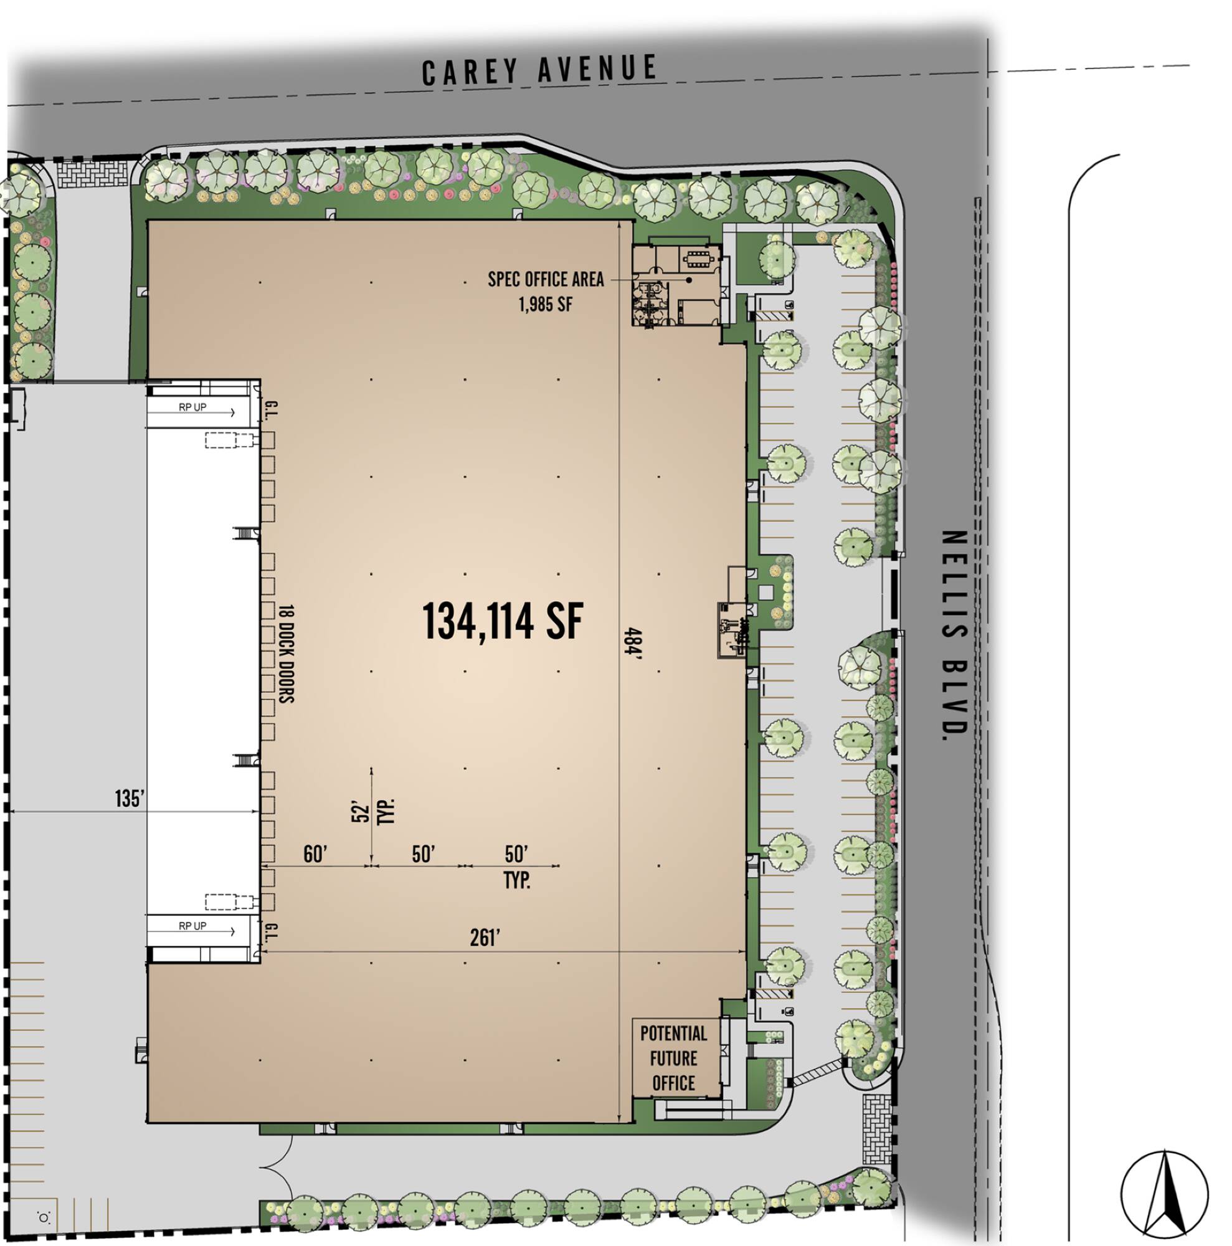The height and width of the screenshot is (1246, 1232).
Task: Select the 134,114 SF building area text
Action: [x=502, y=621]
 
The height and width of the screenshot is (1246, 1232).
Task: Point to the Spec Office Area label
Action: [x=546, y=279]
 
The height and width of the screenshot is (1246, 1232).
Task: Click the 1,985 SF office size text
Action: [x=546, y=304]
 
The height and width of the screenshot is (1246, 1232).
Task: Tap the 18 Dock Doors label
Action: [x=287, y=653]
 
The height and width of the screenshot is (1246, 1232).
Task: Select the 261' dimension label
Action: [x=485, y=938]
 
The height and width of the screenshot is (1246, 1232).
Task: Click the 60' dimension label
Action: [x=315, y=855]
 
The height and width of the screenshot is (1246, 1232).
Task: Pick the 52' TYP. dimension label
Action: [x=372, y=811]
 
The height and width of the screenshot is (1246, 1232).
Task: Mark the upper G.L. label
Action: [x=271, y=410]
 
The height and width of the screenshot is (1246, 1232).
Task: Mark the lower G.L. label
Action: [x=271, y=932]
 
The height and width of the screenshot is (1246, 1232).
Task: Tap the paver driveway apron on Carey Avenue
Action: [x=92, y=173]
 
